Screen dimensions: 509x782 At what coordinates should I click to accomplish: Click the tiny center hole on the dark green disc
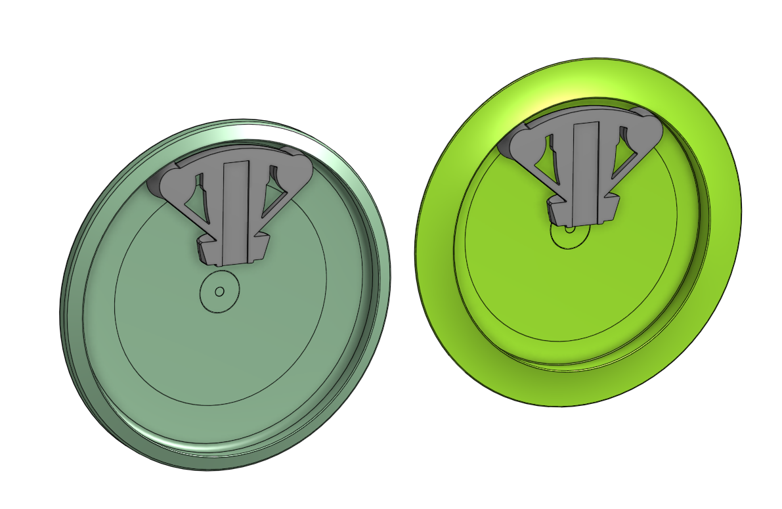click(220, 291)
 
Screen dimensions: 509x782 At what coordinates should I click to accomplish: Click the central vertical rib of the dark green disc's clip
click(234, 210)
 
